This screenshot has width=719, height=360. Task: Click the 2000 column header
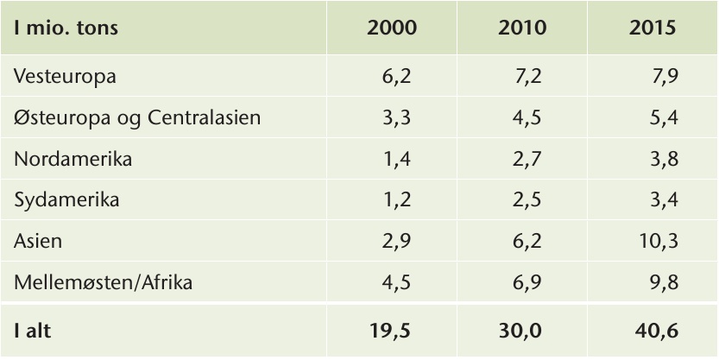[x=392, y=28]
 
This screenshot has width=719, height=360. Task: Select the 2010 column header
[x=522, y=28]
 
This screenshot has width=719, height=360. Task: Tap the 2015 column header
[x=653, y=28]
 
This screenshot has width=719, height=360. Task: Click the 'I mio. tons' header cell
[x=66, y=28]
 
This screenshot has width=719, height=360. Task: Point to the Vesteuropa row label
[x=65, y=76]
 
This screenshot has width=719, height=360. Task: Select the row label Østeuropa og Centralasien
[x=137, y=118]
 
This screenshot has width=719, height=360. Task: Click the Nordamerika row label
[x=73, y=159]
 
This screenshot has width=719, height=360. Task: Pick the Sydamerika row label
[x=66, y=200]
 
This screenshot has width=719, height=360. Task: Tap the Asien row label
[x=38, y=241]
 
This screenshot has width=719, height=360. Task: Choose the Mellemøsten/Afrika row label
[x=104, y=282]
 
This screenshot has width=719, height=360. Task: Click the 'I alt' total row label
[x=32, y=331]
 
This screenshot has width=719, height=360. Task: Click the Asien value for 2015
[x=659, y=241]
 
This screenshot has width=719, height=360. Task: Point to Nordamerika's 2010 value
[x=527, y=159]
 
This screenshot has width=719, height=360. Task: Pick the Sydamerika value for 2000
[x=397, y=200]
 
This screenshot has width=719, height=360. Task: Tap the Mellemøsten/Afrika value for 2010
[x=527, y=282]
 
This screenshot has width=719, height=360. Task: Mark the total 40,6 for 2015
[x=657, y=332]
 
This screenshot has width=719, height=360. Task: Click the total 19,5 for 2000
[x=388, y=332]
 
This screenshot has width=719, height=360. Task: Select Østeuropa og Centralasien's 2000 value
[x=397, y=118]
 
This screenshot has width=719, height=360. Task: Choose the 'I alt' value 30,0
[x=520, y=332]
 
